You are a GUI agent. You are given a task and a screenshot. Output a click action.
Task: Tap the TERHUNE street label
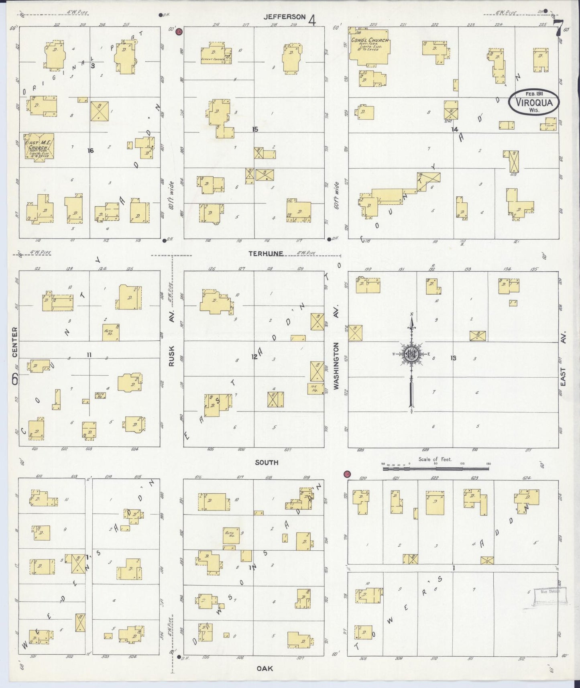point(266,254)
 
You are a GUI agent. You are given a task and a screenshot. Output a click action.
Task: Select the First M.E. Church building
point(39,147)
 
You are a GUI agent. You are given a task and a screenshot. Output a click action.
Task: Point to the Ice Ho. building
point(317,388)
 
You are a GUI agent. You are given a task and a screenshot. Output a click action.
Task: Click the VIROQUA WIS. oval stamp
point(533,103)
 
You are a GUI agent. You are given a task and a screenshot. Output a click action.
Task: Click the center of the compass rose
point(412,354)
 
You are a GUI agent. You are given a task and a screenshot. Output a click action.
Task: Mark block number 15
point(254,129)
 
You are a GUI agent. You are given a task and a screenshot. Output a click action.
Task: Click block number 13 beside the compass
point(453,358)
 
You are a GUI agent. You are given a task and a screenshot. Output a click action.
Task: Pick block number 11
point(89,354)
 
